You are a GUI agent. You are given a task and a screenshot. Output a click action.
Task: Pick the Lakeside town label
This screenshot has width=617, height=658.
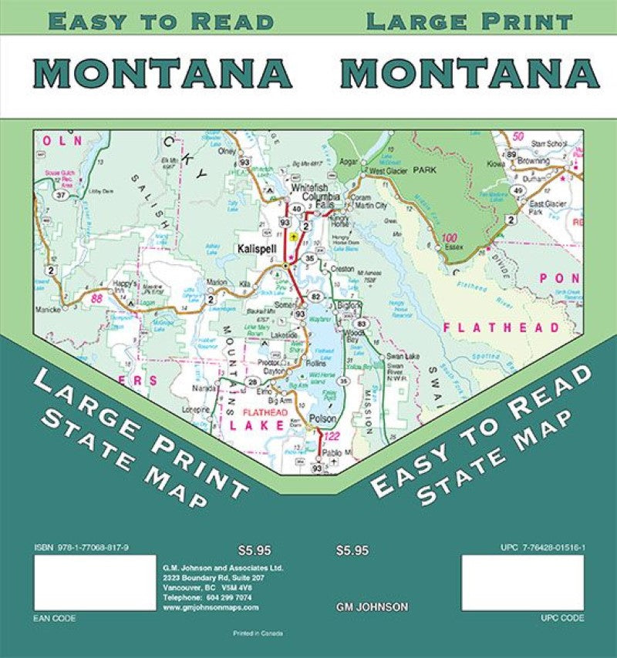[284, 336]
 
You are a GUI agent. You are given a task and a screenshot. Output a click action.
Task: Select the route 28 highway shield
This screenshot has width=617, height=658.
[252, 382]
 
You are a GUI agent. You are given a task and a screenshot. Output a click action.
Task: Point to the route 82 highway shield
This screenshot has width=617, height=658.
[315, 297]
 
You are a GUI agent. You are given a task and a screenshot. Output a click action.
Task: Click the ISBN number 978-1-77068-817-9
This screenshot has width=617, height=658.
[82, 547]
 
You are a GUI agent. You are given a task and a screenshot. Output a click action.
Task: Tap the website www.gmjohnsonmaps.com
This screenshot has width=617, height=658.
[211, 607]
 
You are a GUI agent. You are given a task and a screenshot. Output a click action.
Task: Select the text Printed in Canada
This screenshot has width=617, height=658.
[258, 633]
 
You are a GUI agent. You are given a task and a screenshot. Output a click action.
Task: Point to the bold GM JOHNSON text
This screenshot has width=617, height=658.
[373, 607]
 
